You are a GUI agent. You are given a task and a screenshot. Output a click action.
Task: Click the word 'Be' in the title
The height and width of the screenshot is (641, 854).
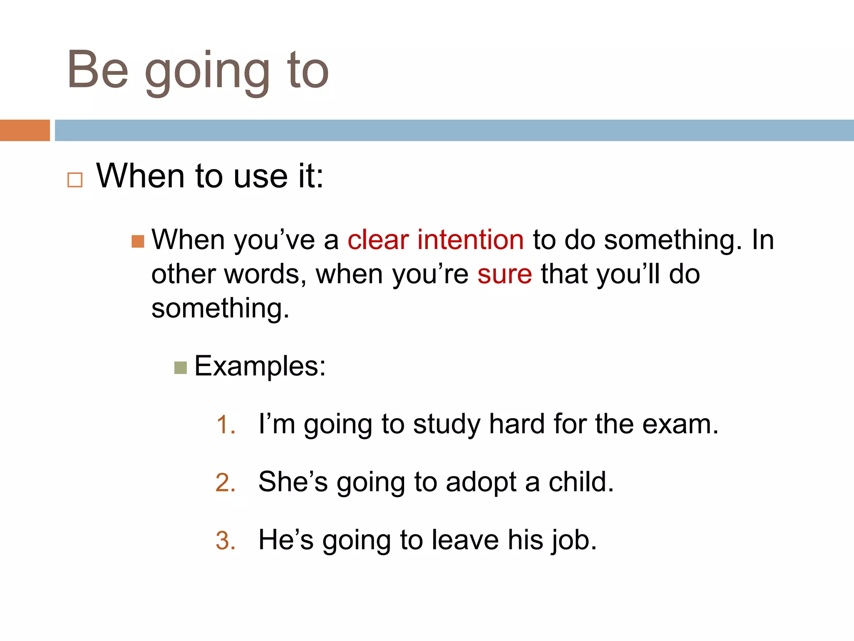[98, 70]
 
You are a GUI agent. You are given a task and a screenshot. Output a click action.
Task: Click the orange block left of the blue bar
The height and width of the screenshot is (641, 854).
[25, 130]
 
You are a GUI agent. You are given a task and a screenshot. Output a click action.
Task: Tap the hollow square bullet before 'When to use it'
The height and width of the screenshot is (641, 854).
[75, 180]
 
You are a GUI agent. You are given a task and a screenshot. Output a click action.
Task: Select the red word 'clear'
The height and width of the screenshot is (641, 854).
[378, 240]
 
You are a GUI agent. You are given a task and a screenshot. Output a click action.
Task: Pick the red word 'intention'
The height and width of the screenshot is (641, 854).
[470, 240]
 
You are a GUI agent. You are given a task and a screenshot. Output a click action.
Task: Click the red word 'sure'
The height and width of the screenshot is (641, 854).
[505, 275]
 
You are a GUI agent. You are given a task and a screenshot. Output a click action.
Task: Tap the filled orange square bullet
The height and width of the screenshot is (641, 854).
[138, 241]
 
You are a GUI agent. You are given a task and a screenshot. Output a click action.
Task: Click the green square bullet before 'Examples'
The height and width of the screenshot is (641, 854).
[181, 368]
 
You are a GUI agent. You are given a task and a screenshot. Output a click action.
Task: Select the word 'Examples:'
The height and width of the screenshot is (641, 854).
[260, 366]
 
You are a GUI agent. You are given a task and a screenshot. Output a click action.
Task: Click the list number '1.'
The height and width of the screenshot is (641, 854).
[226, 425]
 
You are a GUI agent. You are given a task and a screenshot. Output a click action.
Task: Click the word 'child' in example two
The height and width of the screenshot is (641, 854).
[580, 482]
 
